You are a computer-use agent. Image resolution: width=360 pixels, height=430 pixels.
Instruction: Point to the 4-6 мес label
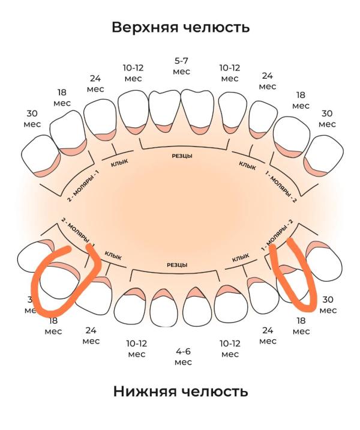tap(183, 356)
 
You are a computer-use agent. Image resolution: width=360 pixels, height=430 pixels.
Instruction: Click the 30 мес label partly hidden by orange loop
tap(29, 304)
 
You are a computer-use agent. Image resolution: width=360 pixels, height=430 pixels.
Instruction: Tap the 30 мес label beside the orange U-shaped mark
tap(328, 304)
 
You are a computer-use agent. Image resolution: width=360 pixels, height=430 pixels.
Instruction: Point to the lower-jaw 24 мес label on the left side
tap(91, 335)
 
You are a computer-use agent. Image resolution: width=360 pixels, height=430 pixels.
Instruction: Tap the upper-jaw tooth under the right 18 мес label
tap(290, 137)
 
